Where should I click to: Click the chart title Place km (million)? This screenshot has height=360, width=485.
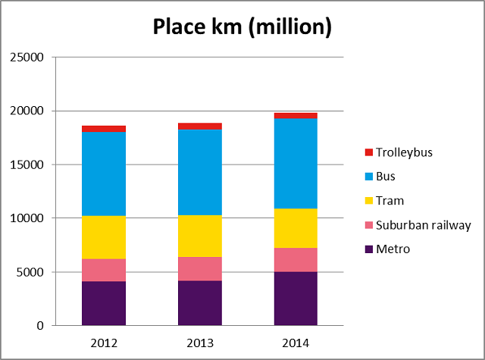(242, 27)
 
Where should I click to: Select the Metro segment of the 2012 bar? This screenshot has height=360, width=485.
(104, 303)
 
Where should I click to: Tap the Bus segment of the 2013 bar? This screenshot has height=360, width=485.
(200, 172)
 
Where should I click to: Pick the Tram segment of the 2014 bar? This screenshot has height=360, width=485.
(296, 228)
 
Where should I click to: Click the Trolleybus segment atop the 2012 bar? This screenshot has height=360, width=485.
(104, 129)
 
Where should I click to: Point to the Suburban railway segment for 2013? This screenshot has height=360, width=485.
(200, 268)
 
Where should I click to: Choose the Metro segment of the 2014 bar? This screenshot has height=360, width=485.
(296, 299)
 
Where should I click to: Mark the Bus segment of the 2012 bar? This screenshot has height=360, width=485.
(104, 174)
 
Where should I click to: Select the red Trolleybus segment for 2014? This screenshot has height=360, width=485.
(296, 115)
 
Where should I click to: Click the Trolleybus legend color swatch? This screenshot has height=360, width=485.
(370, 152)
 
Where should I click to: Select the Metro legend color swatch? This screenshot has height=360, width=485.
(370, 249)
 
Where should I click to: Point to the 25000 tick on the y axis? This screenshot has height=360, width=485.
(28, 58)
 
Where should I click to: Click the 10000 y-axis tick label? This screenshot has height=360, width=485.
(28, 218)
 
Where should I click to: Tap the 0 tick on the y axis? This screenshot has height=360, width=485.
(40, 326)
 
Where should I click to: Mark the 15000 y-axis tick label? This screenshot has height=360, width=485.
(28, 165)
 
